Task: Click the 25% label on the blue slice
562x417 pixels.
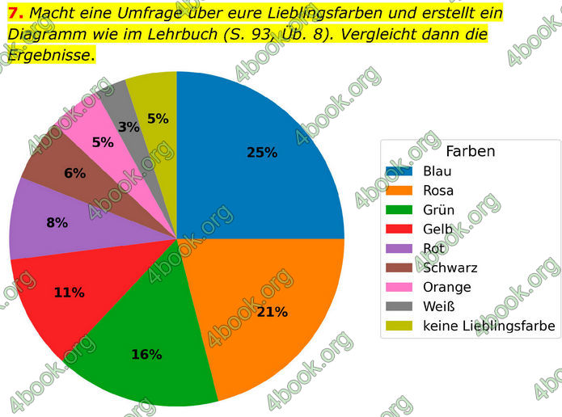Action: tap(262, 152)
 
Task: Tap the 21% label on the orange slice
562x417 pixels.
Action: tap(273, 311)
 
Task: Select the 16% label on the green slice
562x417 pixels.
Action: tap(146, 354)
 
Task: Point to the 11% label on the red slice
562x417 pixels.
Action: tap(69, 293)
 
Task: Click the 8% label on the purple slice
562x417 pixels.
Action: tap(57, 222)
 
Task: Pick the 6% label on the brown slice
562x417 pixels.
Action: tap(74, 173)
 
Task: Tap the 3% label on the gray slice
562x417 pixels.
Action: tap(128, 127)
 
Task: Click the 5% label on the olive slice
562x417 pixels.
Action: tap(158, 119)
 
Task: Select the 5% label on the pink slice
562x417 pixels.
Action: tap(103, 143)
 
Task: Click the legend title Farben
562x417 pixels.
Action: tap(470, 151)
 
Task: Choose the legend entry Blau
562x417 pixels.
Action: tap(437, 171)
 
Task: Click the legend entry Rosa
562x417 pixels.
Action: tap(437, 191)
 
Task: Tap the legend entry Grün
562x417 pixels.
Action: tap(438, 210)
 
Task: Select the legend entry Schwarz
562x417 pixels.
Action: tap(450, 267)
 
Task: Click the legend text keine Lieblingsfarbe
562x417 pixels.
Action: tap(488, 326)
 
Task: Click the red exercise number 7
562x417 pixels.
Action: tap(14, 13)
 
